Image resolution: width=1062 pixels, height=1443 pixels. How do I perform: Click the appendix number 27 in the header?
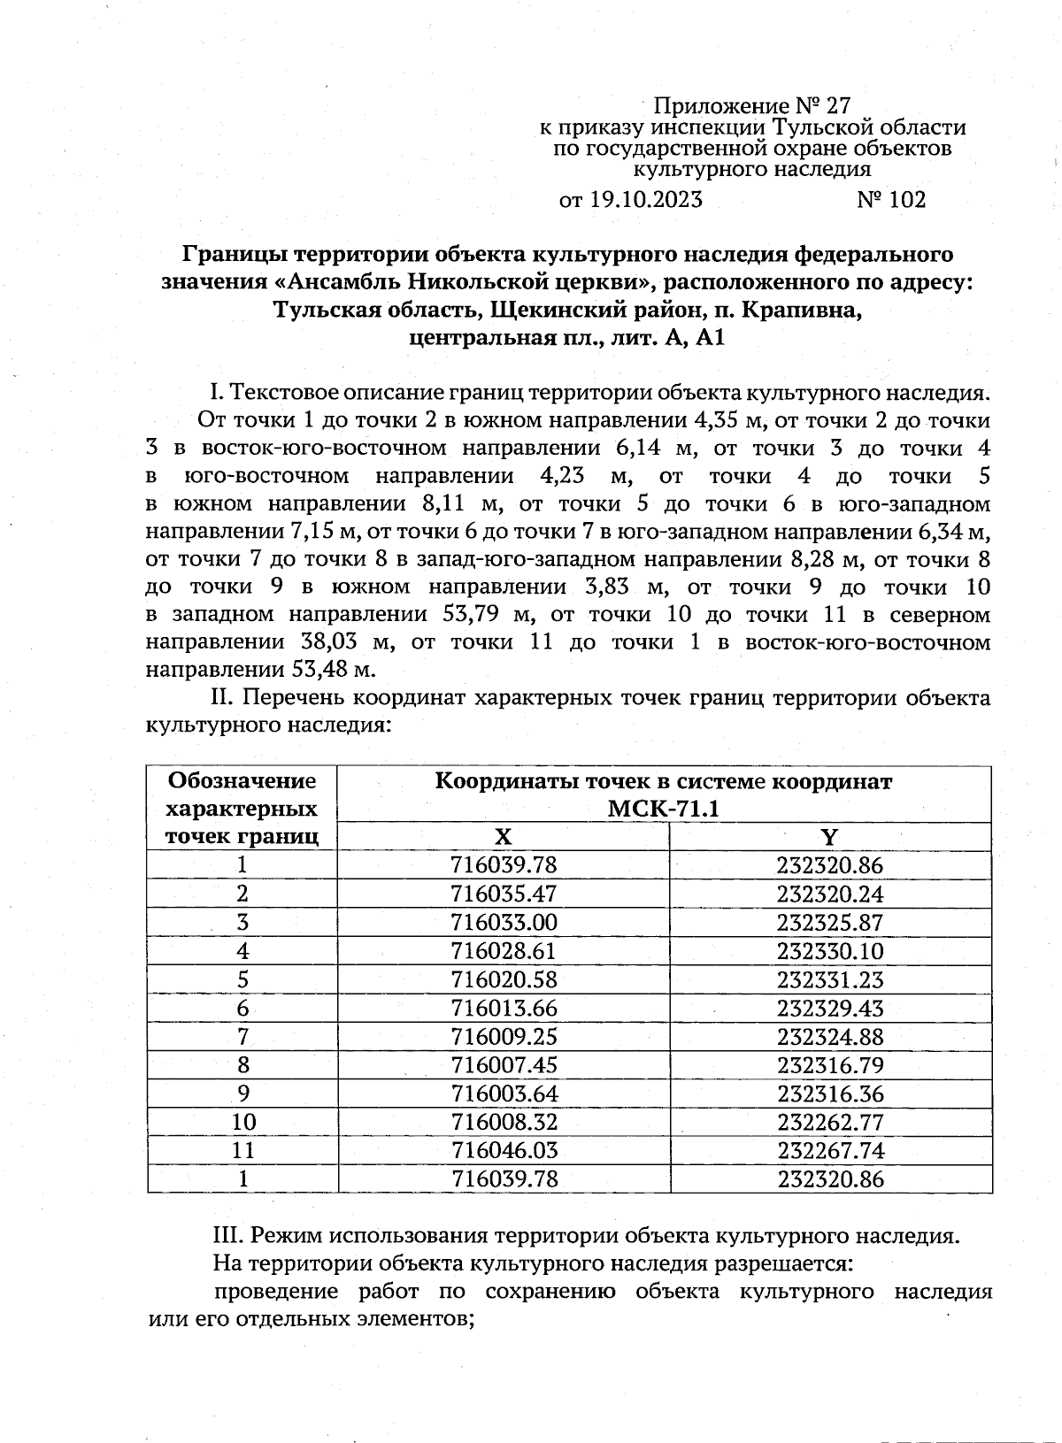pyautogui.click(x=837, y=107)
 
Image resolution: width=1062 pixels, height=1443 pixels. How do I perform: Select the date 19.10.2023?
pyautogui.click(x=644, y=200)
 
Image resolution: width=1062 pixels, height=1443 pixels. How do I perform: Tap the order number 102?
pyautogui.click(x=905, y=200)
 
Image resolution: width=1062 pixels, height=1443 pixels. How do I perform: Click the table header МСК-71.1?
pyautogui.click(x=664, y=809)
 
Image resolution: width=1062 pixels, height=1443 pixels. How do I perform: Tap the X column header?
pyautogui.click(x=503, y=837)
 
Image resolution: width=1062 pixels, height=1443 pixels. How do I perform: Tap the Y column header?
pyautogui.click(x=829, y=837)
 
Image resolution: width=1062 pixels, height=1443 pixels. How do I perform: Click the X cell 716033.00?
pyautogui.click(x=504, y=923)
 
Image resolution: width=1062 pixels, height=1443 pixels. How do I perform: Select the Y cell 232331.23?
pyautogui.click(x=829, y=979)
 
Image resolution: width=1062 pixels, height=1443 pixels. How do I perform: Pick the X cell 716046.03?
pyautogui.click(x=504, y=1150)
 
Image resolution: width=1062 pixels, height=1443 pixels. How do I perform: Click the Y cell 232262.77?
pyautogui.click(x=829, y=1122)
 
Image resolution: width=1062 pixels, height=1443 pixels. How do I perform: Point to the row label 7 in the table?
pyautogui.click(x=242, y=1036)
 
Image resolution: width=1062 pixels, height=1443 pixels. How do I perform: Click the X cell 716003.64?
pyautogui.click(x=504, y=1094)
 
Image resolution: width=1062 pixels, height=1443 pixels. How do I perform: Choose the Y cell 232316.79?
pyautogui.click(x=829, y=1065)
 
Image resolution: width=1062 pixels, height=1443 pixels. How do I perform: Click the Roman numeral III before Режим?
pyautogui.click(x=230, y=1236)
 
